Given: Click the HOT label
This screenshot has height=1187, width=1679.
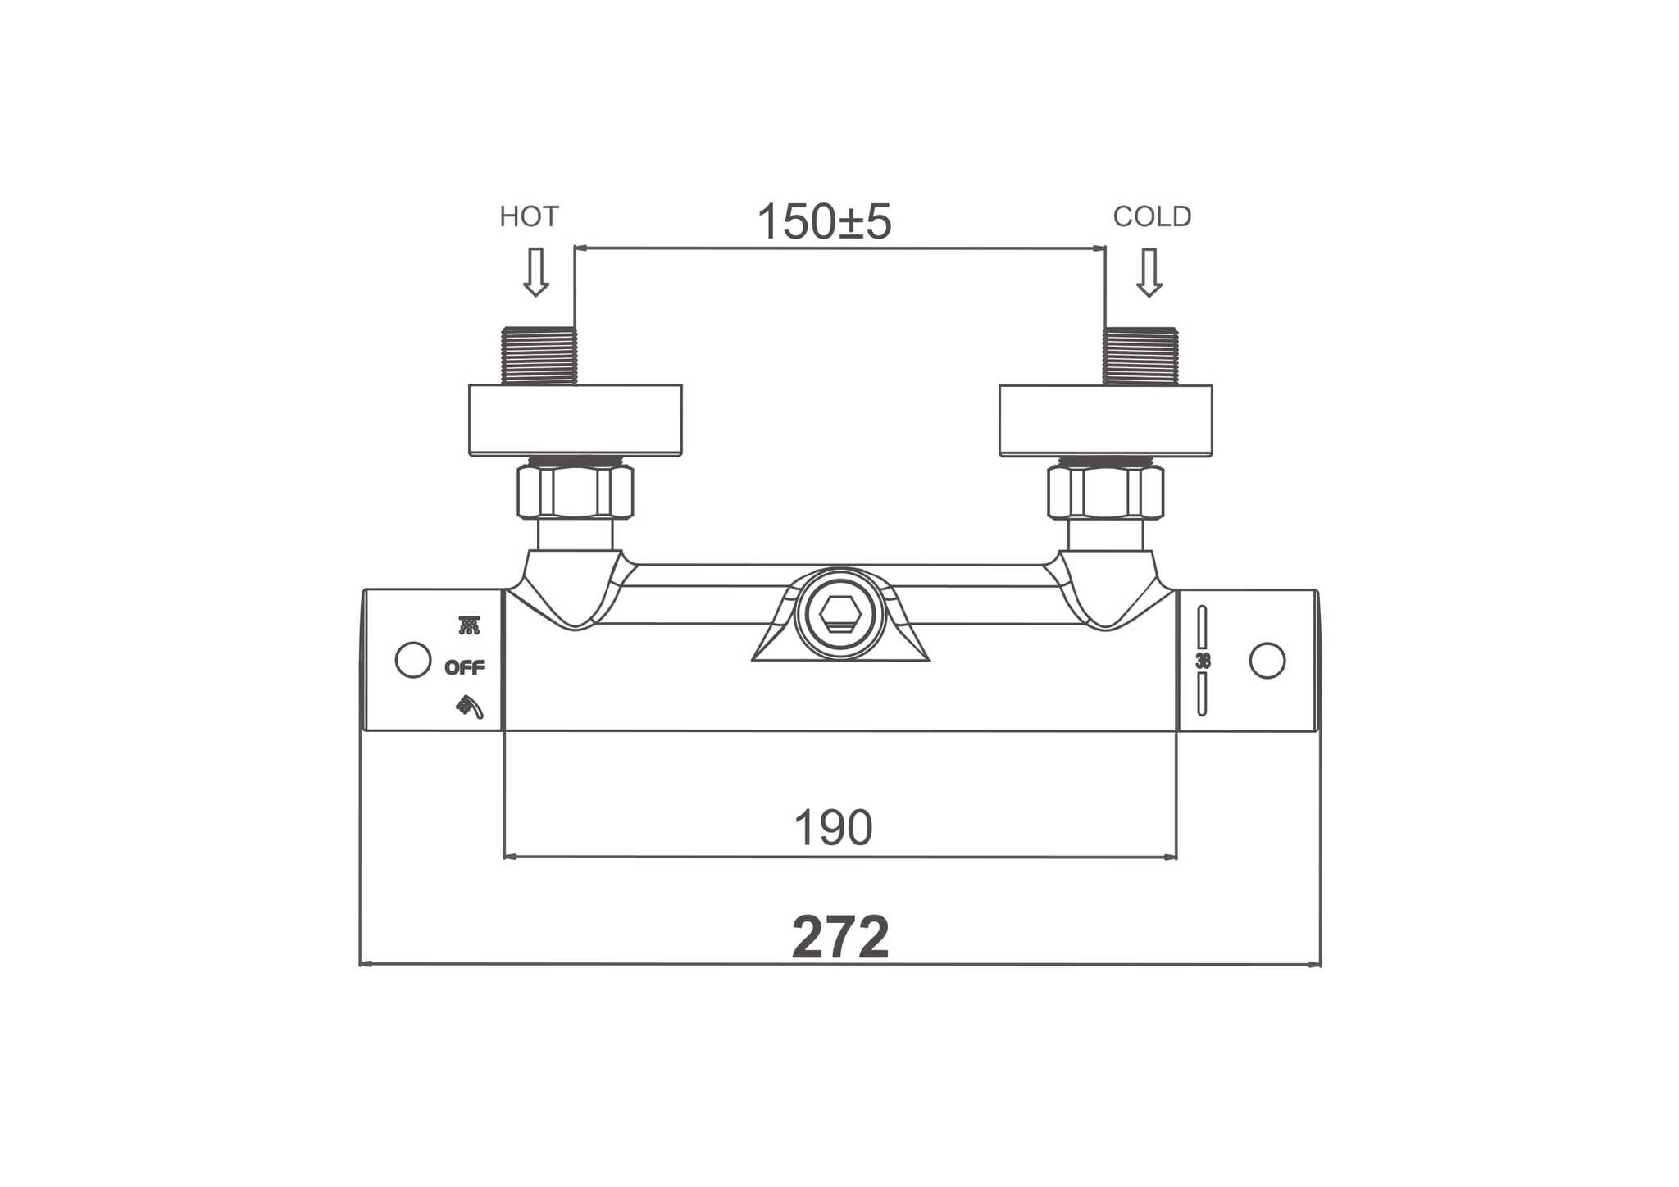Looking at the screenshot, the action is [529, 216].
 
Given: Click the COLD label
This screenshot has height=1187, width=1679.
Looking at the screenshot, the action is [1152, 216].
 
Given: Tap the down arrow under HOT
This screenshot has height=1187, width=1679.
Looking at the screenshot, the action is [536, 272].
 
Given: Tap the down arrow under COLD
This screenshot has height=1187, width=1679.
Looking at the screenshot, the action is [1149, 272].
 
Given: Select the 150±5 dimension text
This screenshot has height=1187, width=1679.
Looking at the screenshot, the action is [824, 221].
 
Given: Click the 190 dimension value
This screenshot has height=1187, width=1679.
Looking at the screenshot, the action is [833, 828].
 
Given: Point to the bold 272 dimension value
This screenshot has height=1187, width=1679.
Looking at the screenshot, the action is [840, 937].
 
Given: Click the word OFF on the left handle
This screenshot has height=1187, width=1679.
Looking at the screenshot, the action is [465, 668].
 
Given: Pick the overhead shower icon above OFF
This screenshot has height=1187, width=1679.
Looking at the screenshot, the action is [469, 625].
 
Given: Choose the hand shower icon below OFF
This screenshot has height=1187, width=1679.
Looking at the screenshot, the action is [470, 707].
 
